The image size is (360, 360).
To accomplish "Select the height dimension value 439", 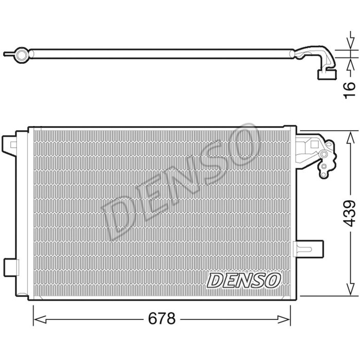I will click(350, 213).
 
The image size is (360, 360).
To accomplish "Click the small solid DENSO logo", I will click(244, 280).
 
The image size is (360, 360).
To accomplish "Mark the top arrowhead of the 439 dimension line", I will click(351, 135).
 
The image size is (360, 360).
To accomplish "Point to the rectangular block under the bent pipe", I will click(325, 75).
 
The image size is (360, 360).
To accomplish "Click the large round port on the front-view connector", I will click(325, 155).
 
